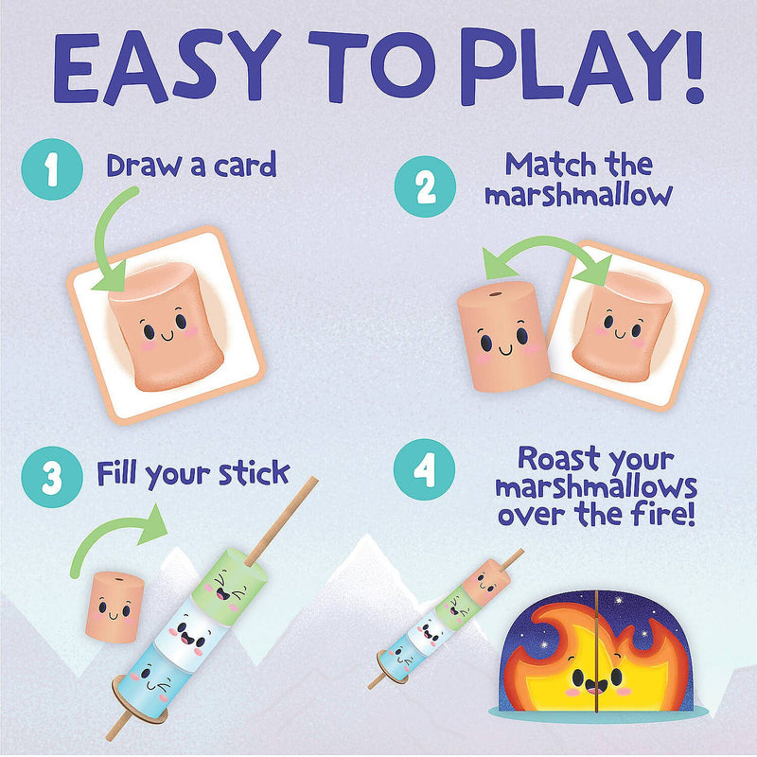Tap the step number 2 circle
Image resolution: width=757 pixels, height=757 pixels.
click(x=425, y=187)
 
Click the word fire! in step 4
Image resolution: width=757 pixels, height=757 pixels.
click(x=661, y=517)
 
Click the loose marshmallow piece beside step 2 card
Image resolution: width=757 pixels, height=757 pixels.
click(x=502, y=335)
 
